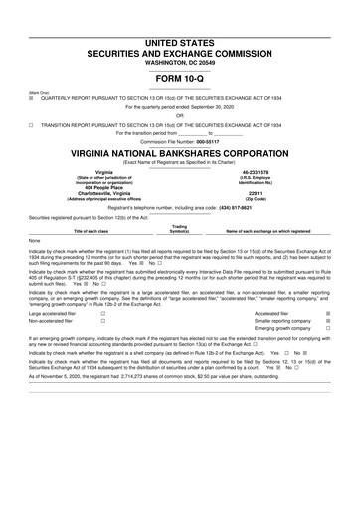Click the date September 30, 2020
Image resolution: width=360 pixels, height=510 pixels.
[218, 107]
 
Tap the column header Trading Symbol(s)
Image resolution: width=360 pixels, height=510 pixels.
[179, 228]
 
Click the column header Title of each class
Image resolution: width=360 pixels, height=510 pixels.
[93, 231]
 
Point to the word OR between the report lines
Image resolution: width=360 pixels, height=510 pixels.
[179, 116]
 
